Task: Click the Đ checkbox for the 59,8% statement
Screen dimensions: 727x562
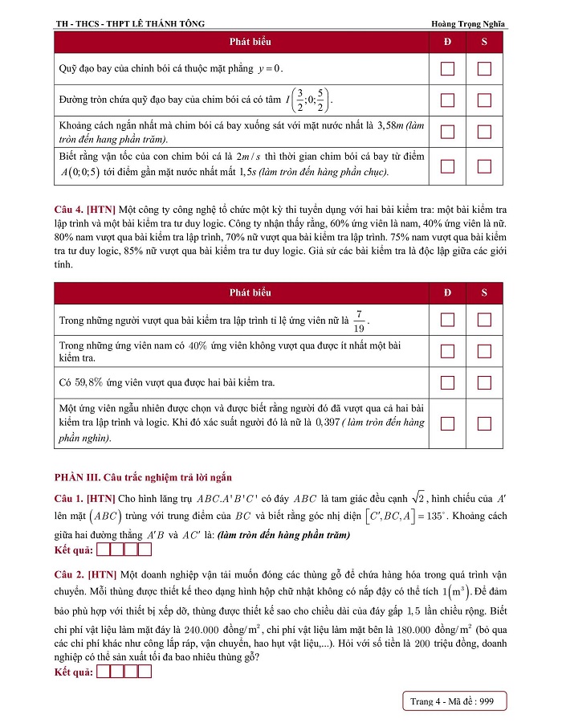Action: click(448, 382)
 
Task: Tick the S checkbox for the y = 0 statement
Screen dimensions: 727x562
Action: click(484, 68)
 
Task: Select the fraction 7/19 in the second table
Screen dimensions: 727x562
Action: click(360, 320)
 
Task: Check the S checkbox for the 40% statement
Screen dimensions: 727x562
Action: click(484, 351)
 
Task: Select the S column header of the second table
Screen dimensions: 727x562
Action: click(484, 292)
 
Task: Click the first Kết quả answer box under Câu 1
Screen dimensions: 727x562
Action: click(102, 550)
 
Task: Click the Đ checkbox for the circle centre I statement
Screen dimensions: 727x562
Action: click(448, 100)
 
